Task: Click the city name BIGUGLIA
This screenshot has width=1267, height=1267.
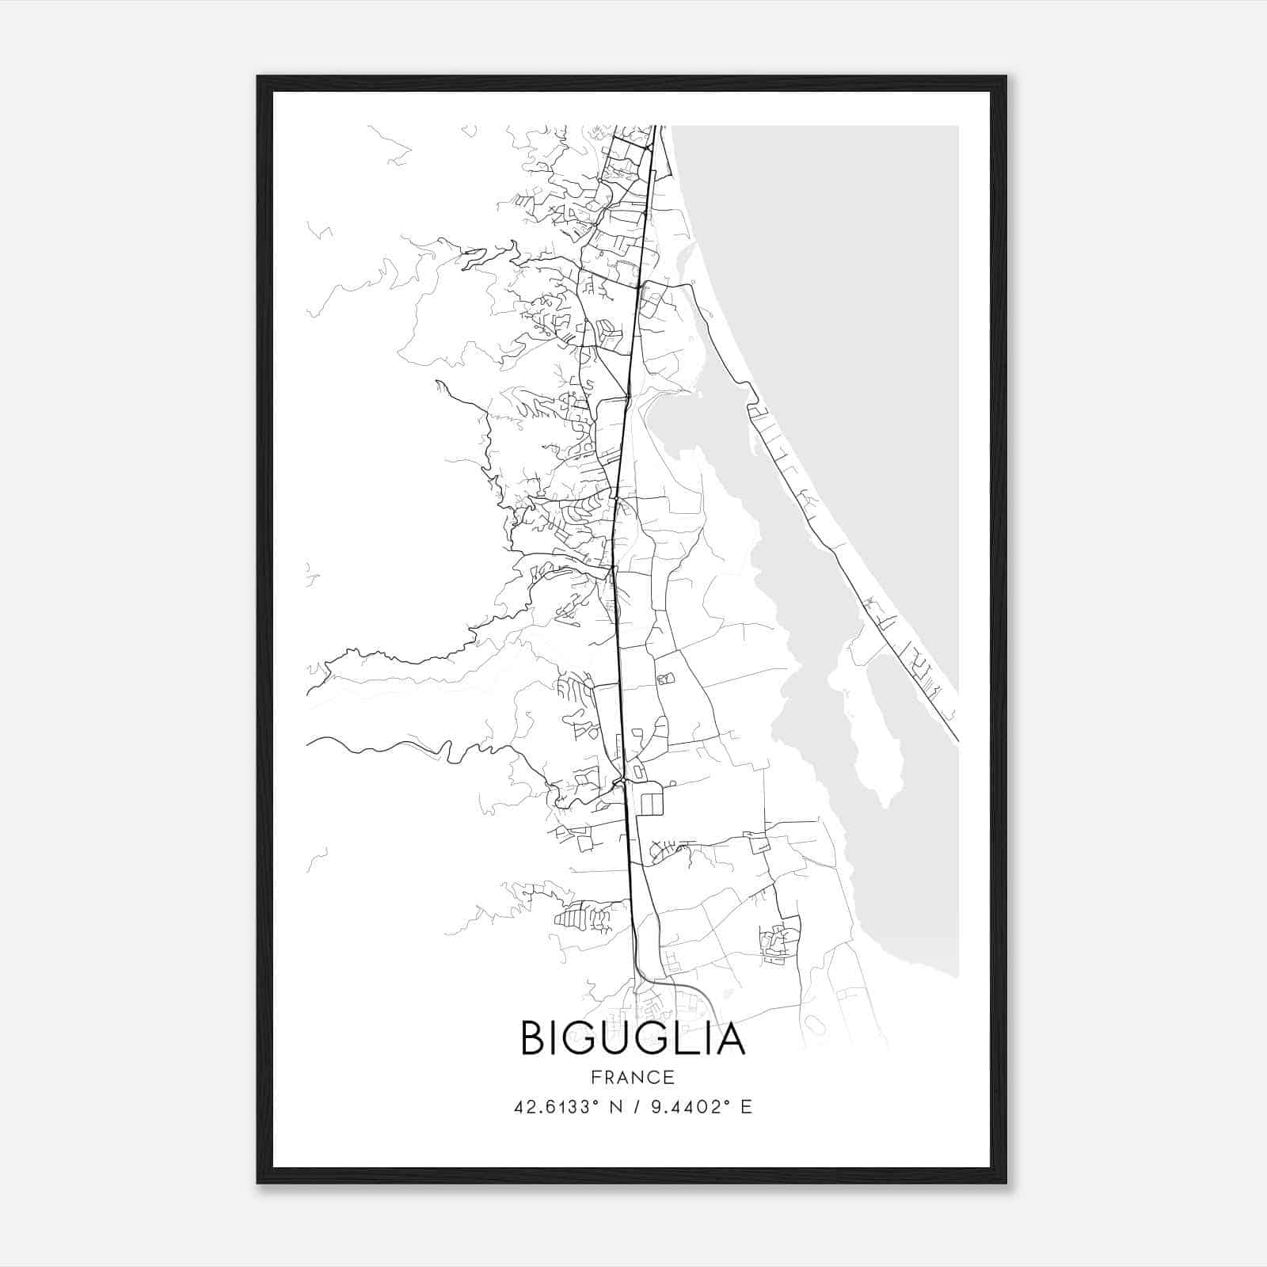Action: tap(633, 1039)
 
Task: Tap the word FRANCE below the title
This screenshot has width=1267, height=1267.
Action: tap(633, 1078)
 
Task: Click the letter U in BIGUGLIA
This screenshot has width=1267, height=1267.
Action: tap(613, 1039)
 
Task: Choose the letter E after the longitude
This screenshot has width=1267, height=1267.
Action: tap(745, 1107)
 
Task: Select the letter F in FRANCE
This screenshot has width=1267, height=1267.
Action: tap(595, 1078)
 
